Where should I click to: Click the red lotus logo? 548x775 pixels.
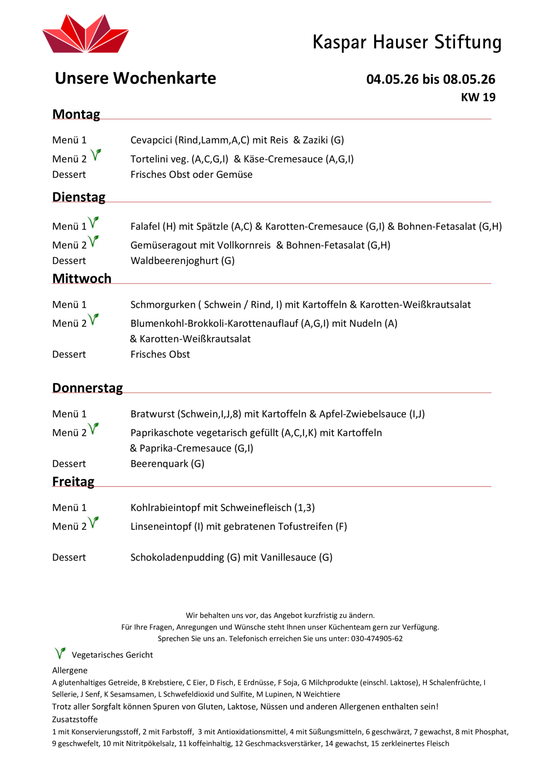(x=85, y=34)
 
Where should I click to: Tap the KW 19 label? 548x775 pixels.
(x=478, y=97)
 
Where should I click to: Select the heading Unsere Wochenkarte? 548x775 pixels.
(x=135, y=78)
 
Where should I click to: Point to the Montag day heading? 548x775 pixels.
(x=76, y=114)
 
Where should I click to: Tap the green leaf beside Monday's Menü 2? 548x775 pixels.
(x=96, y=155)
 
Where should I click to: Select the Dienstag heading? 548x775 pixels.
(x=79, y=197)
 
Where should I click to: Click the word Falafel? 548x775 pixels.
(x=145, y=226)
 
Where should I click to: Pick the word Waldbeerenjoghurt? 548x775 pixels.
(x=174, y=261)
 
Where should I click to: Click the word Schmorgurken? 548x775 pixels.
(x=163, y=304)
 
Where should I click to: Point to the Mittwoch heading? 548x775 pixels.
(x=82, y=278)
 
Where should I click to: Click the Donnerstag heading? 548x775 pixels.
(x=87, y=387)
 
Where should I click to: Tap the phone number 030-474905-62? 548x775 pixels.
(x=377, y=638)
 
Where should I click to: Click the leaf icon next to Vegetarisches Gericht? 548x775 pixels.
(x=60, y=653)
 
